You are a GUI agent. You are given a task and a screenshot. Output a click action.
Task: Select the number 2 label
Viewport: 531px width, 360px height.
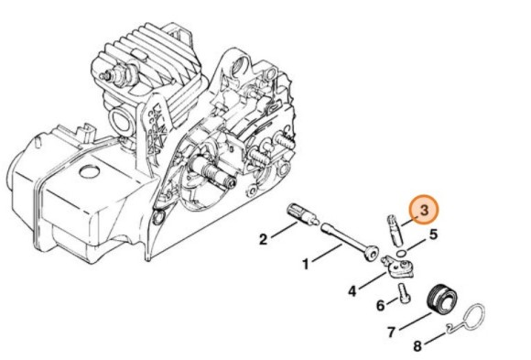coord(263,239)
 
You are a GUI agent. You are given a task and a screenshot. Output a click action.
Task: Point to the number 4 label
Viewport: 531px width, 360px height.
coord(352,292)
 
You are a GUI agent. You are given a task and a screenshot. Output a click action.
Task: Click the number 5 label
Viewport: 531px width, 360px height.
coord(434,235)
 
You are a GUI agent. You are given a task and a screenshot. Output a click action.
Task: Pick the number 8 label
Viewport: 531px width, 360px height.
coord(418,346)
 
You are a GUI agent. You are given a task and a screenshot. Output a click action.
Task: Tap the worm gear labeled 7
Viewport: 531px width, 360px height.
coord(443,299)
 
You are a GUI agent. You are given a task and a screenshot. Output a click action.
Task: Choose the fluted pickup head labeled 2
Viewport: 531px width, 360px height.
coord(301,213)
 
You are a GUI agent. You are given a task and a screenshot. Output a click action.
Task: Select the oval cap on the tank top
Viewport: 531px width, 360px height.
coord(89,171)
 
